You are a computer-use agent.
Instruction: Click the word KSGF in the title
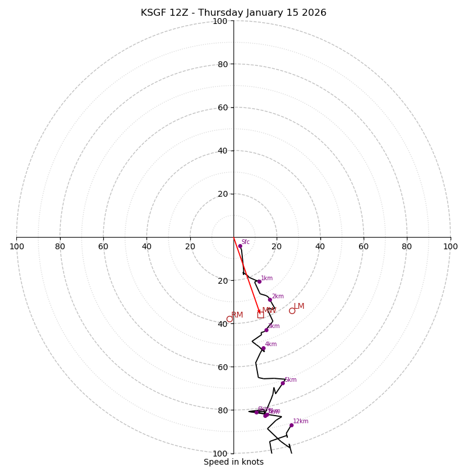pyautogui.click(x=154, y=13)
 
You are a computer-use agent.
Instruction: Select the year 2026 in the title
pyautogui.click(x=313, y=13)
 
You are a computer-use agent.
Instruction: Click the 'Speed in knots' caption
pyautogui.click(x=233, y=462)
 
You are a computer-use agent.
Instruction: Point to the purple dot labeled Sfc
pyautogui.click(x=240, y=246)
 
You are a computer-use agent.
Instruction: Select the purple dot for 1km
pyautogui.click(x=259, y=281)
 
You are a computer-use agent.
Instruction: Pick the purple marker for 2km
pyautogui.click(x=270, y=299)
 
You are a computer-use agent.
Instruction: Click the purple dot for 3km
pyautogui.click(x=266, y=330)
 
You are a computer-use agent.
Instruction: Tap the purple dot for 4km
pyautogui.click(x=263, y=348)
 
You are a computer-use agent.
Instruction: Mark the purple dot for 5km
pyautogui.click(x=283, y=383)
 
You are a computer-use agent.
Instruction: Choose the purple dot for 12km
pyautogui.click(x=291, y=425)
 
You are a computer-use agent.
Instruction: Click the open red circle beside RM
pyautogui.click(x=229, y=319)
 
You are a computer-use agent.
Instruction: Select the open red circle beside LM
pyautogui.click(x=292, y=311)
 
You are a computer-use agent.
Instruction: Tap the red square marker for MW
pyautogui.click(x=260, y=314)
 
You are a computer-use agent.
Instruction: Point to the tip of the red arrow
pyautogui.click(x=260, y=313)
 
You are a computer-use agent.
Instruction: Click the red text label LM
pyautogui.click(x=299, y=306)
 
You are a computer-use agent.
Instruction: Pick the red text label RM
pyautogui.click(x=237, y=315)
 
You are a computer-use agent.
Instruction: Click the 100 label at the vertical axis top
pyautogui.click(x=220, y=21)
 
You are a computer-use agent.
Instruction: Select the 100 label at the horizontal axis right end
pyautogui.click(x=451, y=246)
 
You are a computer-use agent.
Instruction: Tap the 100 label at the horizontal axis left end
pyautogui.click(x=16, y=246)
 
